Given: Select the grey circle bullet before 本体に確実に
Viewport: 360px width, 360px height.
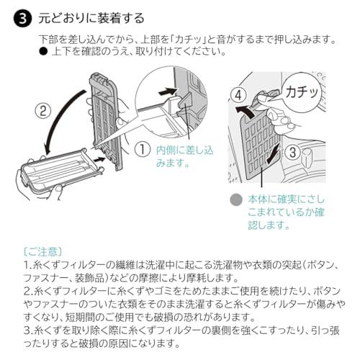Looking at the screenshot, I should pyautogui.click(x=235, y=199).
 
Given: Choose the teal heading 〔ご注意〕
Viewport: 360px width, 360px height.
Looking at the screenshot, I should pyautogui.click(x=42, y=251).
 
